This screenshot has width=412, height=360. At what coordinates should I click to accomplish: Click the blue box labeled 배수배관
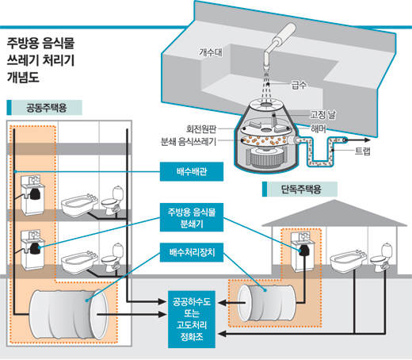click(192, 171)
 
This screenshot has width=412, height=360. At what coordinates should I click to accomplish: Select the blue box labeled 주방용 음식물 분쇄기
click(192, 217)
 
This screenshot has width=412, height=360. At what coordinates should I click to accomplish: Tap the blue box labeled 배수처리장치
click(192, 252)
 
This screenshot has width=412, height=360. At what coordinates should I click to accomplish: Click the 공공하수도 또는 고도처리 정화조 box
click(192, 320)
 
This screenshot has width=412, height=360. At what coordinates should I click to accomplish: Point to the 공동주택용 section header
click(44, 108)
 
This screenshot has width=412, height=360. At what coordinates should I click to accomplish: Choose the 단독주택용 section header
click(299, 190)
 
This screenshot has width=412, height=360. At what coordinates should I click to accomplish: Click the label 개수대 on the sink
click(211, 52)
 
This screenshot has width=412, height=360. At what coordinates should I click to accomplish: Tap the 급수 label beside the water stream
click(299, 85)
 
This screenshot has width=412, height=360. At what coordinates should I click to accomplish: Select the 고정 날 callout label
click(322, 115)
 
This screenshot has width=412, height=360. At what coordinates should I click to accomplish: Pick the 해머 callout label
click(319, 128)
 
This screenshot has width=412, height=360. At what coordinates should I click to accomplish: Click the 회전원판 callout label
click(201, 128)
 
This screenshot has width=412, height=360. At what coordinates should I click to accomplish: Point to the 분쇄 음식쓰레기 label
click(189, 142)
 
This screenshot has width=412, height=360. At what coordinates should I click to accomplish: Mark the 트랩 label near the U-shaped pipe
click(363, 151)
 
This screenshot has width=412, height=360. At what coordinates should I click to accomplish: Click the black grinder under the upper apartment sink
click(34, 193)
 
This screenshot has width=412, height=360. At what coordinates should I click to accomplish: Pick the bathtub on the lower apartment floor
click(79, 263)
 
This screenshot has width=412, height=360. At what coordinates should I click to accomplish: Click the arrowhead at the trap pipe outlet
click(368, 140)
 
